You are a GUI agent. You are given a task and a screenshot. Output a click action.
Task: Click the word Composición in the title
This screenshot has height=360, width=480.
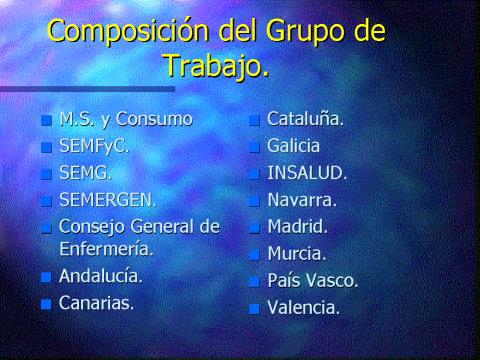(128, 31)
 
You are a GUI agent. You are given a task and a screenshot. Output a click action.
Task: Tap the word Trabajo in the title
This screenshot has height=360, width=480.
(215, 65)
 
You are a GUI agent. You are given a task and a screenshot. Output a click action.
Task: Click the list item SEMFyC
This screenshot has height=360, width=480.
(94, 146)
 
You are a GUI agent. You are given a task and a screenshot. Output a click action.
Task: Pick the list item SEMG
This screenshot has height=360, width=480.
(85, 173)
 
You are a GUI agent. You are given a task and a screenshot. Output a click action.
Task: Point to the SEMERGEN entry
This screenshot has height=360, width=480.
(108, 200)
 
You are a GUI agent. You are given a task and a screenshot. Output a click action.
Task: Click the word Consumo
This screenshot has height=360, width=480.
(154, 119)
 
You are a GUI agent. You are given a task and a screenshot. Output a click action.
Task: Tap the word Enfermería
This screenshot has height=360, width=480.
(106, 249)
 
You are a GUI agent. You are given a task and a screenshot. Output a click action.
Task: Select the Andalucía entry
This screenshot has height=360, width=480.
(101, 276)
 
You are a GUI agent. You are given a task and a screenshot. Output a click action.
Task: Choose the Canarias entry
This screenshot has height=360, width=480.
(96, 303)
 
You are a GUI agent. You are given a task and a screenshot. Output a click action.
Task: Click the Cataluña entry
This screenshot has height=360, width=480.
(305, 119)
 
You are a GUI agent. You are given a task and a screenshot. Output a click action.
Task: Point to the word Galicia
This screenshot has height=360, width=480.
(293, 146)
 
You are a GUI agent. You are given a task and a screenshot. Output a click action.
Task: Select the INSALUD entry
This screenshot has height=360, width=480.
(307, 173)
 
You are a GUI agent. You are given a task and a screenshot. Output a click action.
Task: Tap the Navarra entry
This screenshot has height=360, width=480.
(302, 200)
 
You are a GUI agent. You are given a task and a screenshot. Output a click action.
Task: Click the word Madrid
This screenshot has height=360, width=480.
(298, 227)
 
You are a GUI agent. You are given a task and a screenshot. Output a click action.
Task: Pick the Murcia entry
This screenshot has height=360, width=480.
(297, 254)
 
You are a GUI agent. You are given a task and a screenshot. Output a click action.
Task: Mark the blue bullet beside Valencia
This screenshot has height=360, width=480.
(254, 309)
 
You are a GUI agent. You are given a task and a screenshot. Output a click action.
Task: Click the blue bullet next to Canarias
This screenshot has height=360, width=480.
(46, 304)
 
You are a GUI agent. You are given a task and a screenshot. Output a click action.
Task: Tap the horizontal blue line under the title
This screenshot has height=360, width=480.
(87, 89)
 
